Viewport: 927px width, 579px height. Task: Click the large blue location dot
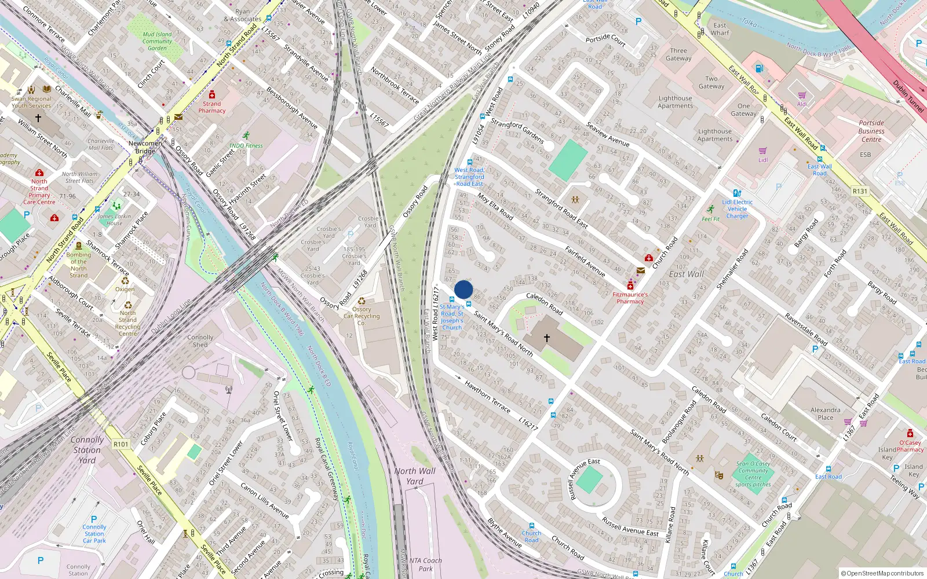pyautogui.click(x=463, y=289)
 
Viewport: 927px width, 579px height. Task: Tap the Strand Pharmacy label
pyautogui.click(x=212, y=107)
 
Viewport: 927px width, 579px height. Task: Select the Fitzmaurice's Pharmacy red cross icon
pyautogui.click(x=630, y=286)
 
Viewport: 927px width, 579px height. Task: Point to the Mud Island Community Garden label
pyautogui.click(x=157, y=41)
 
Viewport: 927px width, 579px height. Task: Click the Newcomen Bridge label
pyautogui.click(x=145, y=147)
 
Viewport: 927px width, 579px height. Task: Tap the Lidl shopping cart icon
pyautogui.click(x=762, y=151)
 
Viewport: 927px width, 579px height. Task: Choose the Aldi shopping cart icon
pyautogui.click(x=802, y=96)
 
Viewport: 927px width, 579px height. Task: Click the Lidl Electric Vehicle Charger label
pyautogui.click(x=738, y=209)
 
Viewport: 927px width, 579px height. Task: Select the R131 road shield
pyautogui.click(x=860, y=191)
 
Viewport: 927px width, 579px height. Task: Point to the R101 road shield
pyautogui.click(x=121, y=444)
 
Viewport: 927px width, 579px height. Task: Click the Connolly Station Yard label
pyautogui.click(x=87, y=450)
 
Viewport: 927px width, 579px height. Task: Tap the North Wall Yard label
pyautogui.click(x=415, y=476)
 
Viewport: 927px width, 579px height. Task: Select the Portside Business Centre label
pyautogui.click(x=871, y=131)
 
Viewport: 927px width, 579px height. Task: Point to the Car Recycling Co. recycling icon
pyautogui.click(x=362, y=301)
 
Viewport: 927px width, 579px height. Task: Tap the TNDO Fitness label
pyautogui.click(x=246, y=146)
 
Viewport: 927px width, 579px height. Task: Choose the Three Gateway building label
pyautogui.click(x=678, y=54)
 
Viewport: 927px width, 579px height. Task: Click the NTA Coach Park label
pyautogui.click(x=425, y=565)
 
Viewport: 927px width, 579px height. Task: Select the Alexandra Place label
pyautogui.click(x=826, y=413)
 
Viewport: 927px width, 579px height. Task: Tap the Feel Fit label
pyautogui.click(x=710, y=219)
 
